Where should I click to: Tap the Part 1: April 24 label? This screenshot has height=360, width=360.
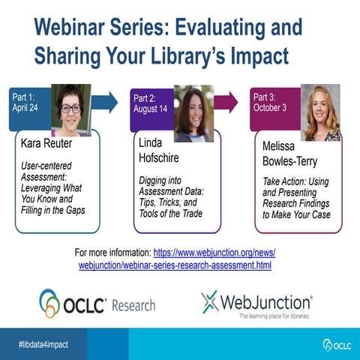click(28, 101)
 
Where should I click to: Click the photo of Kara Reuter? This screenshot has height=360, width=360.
click(71, 109)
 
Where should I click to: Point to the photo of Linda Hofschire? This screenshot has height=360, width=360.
click(193, 113)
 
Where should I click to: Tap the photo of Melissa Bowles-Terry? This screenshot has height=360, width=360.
click(320, 112)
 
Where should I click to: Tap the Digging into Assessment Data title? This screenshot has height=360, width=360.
click(173, 194)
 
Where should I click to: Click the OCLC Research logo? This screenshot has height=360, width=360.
click(97, 304)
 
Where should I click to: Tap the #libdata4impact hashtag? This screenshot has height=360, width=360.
click(43, 343)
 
